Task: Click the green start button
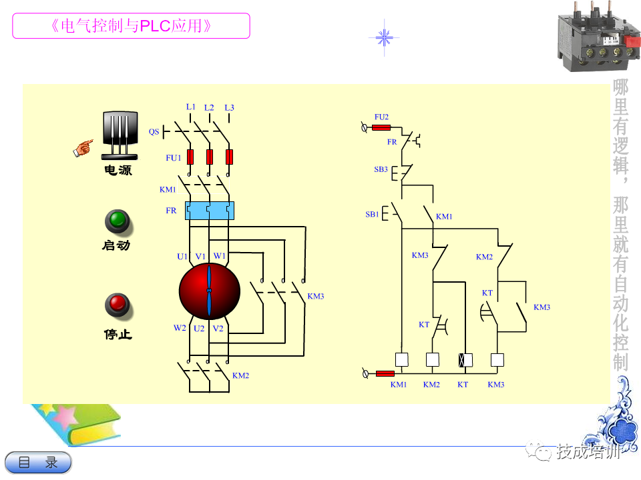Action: point(118,221)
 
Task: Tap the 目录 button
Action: point(39,463)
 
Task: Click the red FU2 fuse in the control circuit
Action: point(381,128)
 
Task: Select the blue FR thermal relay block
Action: point(209,211)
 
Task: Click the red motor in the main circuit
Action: point(209,291)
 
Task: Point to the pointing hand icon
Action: point(83,148)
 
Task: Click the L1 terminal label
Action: point(190,107)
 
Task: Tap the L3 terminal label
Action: point(229,108)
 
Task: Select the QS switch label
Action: point(154,131)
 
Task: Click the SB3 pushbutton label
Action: point(381,169)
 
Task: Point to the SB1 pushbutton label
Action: point(372,214)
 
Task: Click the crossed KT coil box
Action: point(465,360)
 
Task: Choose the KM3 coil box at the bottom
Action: point(497,360)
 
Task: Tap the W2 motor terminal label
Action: point(180,328)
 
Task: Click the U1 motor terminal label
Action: point(182,256)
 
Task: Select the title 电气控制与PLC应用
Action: point(132,26)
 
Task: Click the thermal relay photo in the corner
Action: point(598,37)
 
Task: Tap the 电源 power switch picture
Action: point(120,135)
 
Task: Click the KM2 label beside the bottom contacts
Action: point(240,375)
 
